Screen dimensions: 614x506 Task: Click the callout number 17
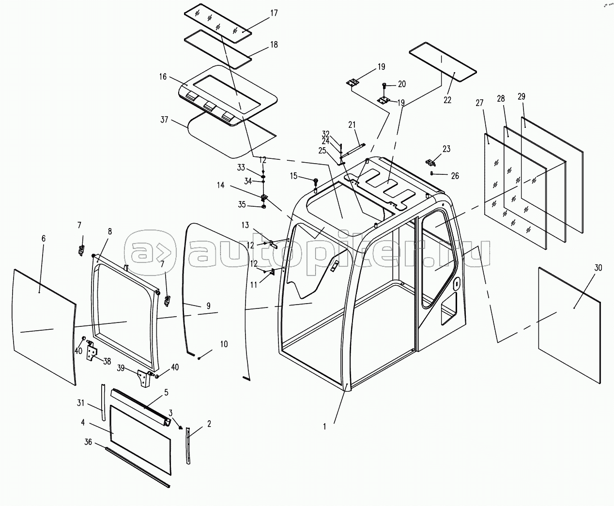point(274,14)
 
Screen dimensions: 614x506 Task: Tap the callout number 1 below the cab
point(324,427)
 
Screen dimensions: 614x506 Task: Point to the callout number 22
point(447,100)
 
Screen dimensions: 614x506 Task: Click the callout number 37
point(164,120)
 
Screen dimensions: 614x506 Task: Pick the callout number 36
point(88,442)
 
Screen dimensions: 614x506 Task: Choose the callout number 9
point(209,306)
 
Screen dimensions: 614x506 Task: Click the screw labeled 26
point(431,173)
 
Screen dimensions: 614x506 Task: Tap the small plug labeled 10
point(199,358)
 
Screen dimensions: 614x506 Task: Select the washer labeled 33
point(263,176)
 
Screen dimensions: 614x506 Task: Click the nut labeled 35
point(264,207)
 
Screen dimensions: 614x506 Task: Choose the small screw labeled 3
point(181,427)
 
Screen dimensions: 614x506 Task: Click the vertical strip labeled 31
point(103,402)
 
